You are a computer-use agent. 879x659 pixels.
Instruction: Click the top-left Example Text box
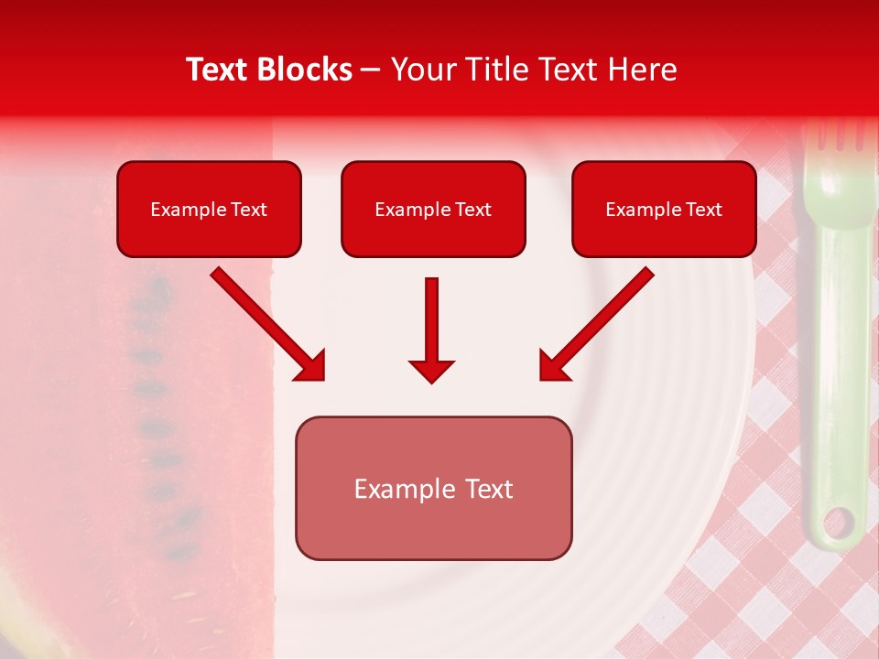pos(209,209)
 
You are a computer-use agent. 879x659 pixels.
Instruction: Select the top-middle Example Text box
pos(433,209)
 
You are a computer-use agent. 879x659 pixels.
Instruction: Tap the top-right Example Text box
pos(664,209)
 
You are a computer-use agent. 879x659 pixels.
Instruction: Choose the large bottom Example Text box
pos(433,488)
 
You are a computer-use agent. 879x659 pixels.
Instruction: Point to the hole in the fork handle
pos(837,523)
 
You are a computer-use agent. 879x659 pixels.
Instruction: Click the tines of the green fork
pos(835,136)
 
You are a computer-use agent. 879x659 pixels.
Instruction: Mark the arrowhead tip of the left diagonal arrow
pos(320,376)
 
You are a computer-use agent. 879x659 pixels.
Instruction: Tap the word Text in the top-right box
pos(703,210)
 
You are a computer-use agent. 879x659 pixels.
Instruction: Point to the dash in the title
pos(371,70)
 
